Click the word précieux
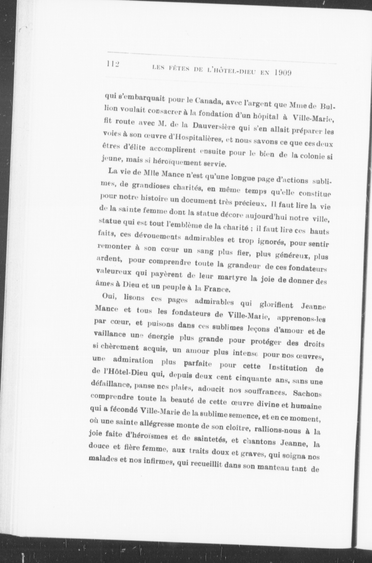pos(249,203)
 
